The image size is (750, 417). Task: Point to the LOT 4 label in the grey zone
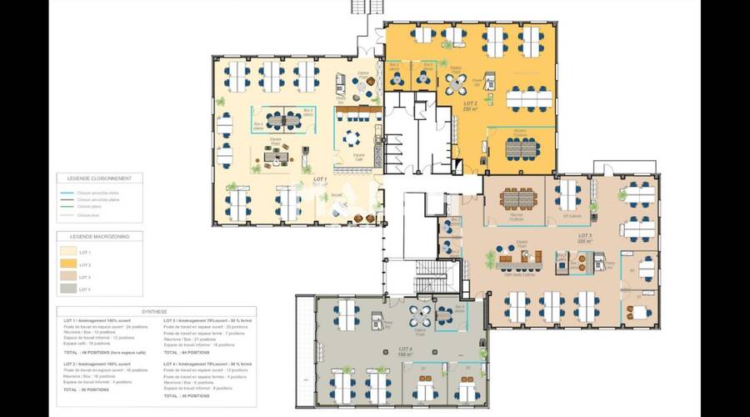click(x=404, y=350)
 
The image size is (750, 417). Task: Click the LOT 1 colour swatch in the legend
click(x=67, y=251)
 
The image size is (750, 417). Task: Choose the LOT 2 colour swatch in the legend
click(x=67, y=264)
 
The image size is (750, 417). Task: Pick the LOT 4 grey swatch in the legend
click(x=67, y=288)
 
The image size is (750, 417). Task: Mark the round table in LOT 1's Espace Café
click(x=354, y=137)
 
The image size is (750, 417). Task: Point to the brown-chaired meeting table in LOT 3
click(x=522, y=198)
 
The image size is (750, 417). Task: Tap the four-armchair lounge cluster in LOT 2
click(x=456, y=83)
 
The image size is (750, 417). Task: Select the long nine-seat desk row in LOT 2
click(x=529, y=98)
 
